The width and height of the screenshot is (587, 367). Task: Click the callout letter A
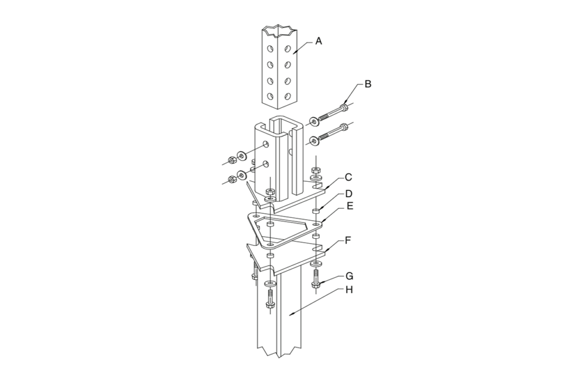pos(319,41)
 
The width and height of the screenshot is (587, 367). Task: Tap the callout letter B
pos(368,84)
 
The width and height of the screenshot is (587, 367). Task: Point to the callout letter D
pos(348,194)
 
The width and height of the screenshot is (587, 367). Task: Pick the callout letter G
pos(349,276)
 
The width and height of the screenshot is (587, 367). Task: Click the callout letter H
pos(349,290)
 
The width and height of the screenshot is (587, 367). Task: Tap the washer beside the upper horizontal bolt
pos(314,122)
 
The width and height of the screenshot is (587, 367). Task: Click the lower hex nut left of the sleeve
pos(231,179)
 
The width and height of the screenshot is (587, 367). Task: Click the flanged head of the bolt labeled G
pos(315,284)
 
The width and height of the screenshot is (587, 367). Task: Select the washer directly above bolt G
pos(315,264)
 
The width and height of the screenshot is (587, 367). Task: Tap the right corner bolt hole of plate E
pos(315,224)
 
